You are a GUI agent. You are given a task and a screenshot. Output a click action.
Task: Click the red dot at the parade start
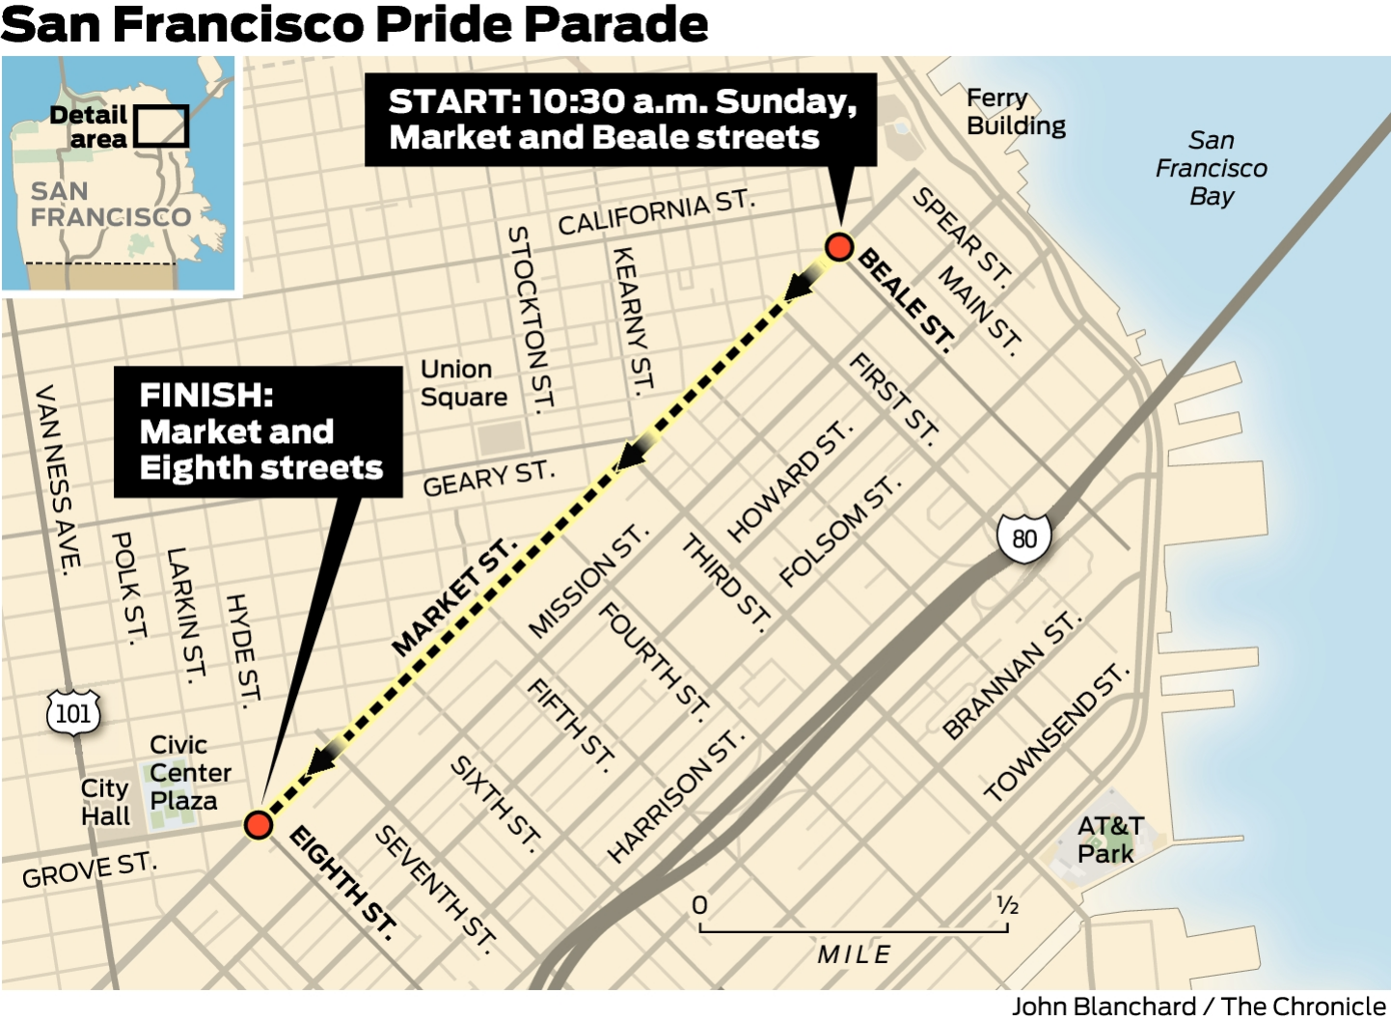point(839,247)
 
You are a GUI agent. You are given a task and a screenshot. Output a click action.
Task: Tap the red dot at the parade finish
point(258,824)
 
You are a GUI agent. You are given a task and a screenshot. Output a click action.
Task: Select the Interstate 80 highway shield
point(1023,538)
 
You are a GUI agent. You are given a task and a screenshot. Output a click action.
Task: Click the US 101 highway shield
point(73,713)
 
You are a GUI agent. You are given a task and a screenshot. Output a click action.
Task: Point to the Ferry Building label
point(1016,112)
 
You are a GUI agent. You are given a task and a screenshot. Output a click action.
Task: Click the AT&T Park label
point(1109,840)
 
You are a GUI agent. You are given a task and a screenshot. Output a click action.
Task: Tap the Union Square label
point(463,383)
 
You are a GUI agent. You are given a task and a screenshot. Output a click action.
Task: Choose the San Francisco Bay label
point(1211,168)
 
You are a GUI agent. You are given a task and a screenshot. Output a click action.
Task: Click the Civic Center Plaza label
point(189,772)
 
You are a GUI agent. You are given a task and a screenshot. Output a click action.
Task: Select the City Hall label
point(105,802)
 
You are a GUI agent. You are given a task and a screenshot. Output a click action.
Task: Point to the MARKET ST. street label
point(453,598)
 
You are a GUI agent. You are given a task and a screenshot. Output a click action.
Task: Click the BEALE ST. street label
point(907,299)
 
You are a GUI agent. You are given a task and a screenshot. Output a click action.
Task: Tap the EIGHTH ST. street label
point(343,881)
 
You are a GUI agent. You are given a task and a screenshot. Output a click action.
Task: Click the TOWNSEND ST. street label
point(1055,732)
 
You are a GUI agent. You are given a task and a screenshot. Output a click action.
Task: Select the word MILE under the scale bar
point(854,954)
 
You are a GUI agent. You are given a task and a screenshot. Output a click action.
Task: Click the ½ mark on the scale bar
point(1007,905)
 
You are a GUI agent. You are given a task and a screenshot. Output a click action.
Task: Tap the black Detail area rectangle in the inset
point(160,126)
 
